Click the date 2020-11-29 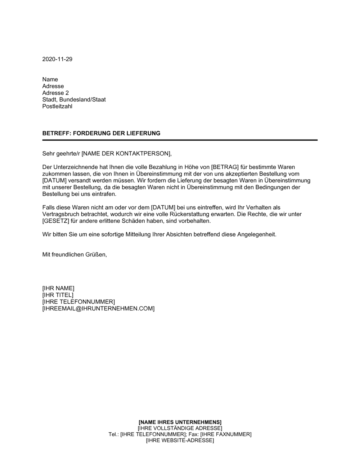tap(57, 59)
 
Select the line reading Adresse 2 tap(55, 93)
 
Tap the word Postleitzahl tap(57, 106)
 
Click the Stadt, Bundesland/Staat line tap(74, 100)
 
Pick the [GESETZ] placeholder tap(55, 221)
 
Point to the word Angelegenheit tap(256, 235)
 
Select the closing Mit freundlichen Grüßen tap(75, 255)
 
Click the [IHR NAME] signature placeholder tap(58, 288)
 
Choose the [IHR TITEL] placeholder tap(58, 295)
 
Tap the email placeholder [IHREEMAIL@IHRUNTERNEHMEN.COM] tap(98, 309)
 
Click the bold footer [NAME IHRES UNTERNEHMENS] tap(180, 422)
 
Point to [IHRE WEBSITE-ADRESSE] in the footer tap(180, 441)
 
